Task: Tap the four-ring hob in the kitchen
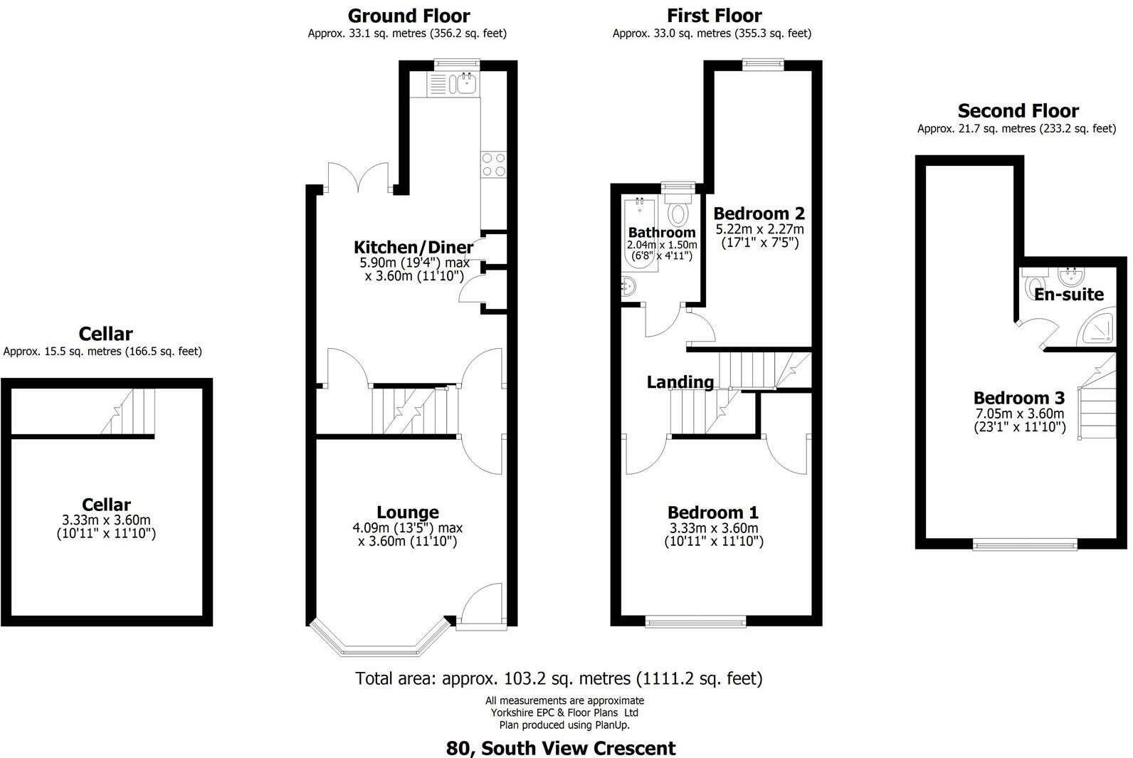(x=493, y=164)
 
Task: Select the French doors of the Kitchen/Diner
(x=359, y=178)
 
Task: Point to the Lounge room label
(x=408, y=512)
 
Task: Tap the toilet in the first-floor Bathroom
(x=678, y=210)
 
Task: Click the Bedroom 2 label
(x=759, y=214)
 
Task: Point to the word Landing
(x=680, y=382)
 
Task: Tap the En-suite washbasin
(x=1071, y=276)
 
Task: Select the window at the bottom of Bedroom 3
(x=1025, y=545)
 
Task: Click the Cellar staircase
(x=128, y=411)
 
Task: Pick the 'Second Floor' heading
(x=1018, y=110)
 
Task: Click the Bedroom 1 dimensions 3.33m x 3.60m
(x=714, y=528)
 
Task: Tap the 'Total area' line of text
(x=559, y=678)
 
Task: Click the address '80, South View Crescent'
(x=560, y=748)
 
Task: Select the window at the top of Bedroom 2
(x=763, y=64)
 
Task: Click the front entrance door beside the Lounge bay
(x=481, y=607)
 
